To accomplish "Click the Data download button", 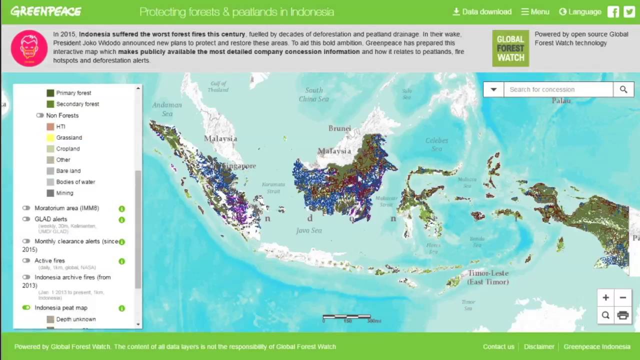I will click(482, 12).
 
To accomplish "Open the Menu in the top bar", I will click(535, 12).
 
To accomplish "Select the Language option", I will click(580, 12).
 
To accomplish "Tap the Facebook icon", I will click(613, 12).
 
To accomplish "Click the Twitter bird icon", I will click(629, 12).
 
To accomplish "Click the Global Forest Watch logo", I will click(510, 48).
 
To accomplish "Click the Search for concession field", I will click(558, 89).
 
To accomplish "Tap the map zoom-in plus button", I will click(605, 298).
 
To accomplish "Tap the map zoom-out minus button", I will click(622, 298).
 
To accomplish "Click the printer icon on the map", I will click(622, 315).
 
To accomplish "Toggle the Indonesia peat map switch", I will click(26, 307).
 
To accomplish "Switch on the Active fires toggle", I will click(26, 260).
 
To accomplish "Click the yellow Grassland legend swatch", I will click(50, 137).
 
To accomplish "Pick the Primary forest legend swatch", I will click(50, 93).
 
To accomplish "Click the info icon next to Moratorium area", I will click(121, 208).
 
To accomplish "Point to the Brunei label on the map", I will click(339, 128).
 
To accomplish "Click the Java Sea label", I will click(308, 230).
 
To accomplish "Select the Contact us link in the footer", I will click(498, 346).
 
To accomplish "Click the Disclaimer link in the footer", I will click(539, 346).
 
